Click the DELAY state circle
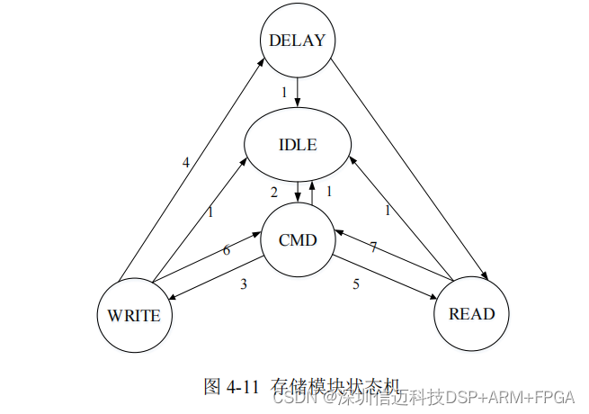(x=297, y=40)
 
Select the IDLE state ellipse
(x=297, y=144)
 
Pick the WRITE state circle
(x=134, y=315)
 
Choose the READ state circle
(x=471, y=313)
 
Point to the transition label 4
(x=186, y=163)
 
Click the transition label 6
(x=226, y=250)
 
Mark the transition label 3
(x=243, y=284)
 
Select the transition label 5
(x=356, y=284)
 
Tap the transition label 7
(x=372, y=247)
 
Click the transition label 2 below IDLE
(x=274, y=192)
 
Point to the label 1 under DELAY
(x=284, y=92)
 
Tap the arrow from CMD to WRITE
(x=216, y=282)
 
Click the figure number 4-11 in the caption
(x=244, y=387)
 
